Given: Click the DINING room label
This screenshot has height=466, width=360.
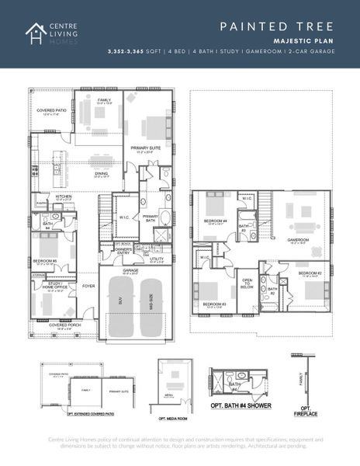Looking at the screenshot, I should (102, 175).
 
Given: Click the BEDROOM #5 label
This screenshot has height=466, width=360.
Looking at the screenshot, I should (44, 261).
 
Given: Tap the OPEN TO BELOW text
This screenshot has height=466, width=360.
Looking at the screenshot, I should (247, 285).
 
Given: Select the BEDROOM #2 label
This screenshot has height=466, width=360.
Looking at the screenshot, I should (310, 273).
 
